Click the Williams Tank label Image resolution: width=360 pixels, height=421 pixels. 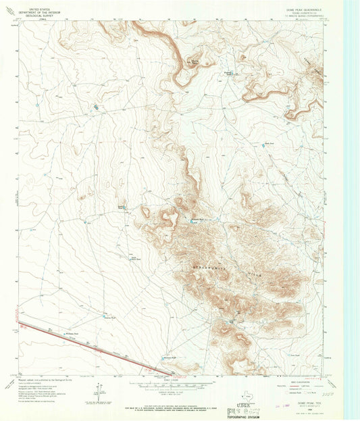(73, 333)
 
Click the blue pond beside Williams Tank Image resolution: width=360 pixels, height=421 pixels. (64, 334)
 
